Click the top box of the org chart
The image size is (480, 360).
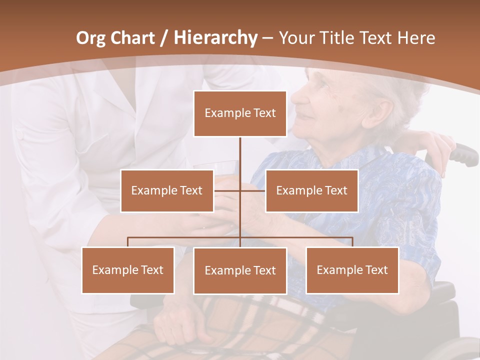[240, 113]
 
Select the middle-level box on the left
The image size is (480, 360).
[166, 190]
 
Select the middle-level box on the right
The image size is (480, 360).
[311, 190]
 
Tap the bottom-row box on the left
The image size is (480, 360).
[128, 270]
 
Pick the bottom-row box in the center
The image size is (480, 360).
[240, 270]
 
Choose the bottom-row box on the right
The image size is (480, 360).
[352, 270]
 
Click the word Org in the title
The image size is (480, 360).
[90, 38]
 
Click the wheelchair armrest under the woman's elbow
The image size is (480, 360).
[440, 290]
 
